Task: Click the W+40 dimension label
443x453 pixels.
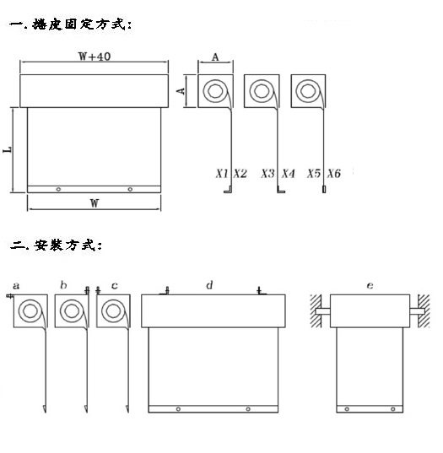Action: click(x=95, y=57)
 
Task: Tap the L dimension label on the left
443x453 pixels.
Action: click(x=8, y=149)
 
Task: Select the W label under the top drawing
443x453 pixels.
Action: click(x=95, y=203)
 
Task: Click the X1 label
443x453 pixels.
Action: click(x=222, y=173)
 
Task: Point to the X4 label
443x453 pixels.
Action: click(x=288, y=173)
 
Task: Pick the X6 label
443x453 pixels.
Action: click(x=334, y=173)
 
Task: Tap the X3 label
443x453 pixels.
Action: click(x=267, y=173)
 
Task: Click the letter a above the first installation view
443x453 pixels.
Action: click(x=16, y=286)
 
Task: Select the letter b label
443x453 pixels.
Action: click(x=63, y=285)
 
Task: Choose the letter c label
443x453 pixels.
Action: click(x=115, y=286)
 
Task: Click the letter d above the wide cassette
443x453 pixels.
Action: click(x=209, y=285)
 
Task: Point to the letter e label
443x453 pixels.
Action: click(x=370, y=286)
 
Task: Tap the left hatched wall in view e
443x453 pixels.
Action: click(x=316, y=311)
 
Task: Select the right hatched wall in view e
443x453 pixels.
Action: click(x=424, y=311)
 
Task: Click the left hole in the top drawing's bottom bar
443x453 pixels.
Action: click(x=58, y=189)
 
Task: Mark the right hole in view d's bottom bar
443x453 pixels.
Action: click(x=248, y=409)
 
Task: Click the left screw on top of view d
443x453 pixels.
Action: click(x=167, y=291)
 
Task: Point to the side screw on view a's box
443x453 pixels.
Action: click(x=9, y=296)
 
